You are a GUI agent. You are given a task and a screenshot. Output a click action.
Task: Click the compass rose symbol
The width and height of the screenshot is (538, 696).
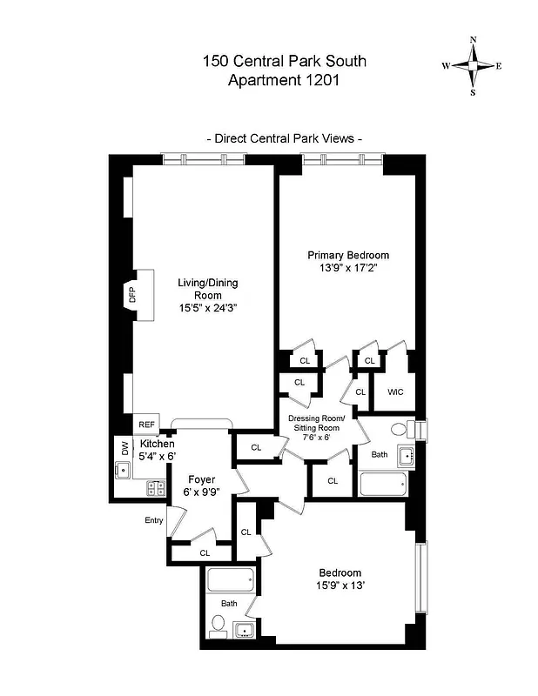click(x=473, y=66)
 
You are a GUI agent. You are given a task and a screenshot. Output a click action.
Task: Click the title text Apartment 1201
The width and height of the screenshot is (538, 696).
click(x=283, y=81)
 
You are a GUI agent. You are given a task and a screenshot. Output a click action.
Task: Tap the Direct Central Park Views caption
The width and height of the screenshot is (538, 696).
click(x=284, y=138)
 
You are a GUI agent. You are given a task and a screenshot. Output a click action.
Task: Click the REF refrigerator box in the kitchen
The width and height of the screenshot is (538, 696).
click(x=146, y=425)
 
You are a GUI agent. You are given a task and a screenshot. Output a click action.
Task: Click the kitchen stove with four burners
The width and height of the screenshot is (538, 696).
click(x=157, y=489)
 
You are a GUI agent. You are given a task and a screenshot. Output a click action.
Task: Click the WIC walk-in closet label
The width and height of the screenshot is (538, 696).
click(x=396, y=392)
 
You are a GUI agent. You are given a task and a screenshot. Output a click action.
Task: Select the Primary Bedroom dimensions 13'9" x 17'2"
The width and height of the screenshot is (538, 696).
click(x=347, y=269)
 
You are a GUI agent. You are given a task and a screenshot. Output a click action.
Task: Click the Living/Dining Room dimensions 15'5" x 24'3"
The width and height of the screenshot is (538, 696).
click(x=207, y=308)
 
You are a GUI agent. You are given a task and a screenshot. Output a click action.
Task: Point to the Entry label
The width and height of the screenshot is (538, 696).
click(x=154, y=520)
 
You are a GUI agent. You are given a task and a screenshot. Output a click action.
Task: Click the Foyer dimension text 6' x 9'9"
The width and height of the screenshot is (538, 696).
click(x=200, y=492)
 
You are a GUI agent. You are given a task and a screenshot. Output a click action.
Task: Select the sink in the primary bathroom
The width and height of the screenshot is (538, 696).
click(x=405, y=456)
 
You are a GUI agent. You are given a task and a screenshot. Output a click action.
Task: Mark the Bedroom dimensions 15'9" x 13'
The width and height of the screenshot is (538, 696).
click(x=340, y=586)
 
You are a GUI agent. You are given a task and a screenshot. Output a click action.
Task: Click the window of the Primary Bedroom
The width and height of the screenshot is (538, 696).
click(x=342, y=159)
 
